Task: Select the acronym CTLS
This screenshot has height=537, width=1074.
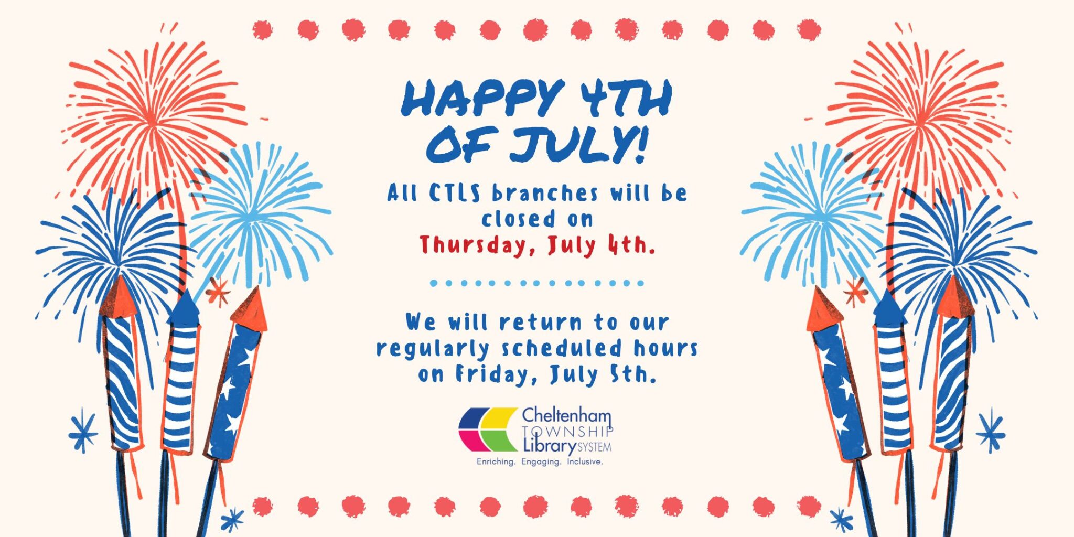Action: (x=455, y=193)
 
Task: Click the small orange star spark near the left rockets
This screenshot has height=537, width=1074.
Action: (x=218, y=292)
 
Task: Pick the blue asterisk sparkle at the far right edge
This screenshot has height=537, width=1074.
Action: (x=991, y=431)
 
